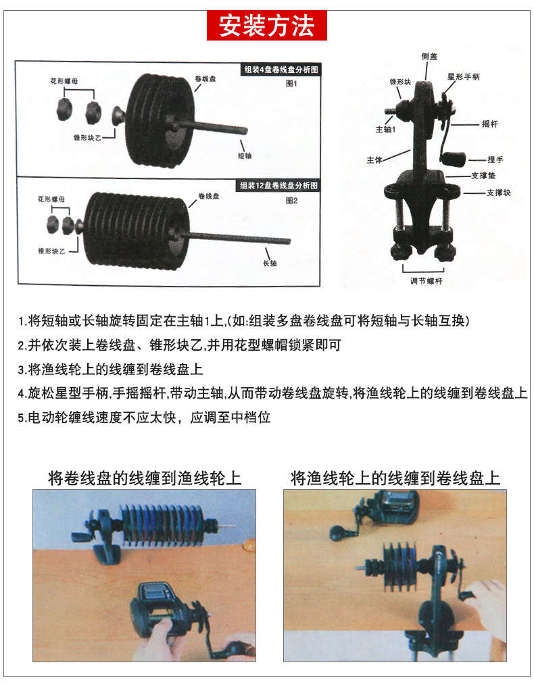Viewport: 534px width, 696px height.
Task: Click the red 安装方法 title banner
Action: coord(266,26)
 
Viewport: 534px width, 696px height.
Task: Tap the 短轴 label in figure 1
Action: coord(245,155)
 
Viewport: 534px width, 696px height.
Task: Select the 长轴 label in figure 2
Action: coord(269,263)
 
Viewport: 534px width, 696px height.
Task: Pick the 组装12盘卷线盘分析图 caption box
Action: coord(279,185)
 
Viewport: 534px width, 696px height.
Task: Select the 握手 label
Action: coord(495,159)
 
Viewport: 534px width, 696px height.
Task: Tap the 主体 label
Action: coord(374,160)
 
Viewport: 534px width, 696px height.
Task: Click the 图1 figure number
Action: coord(292,84)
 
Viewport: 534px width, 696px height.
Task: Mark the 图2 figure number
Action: coord(292,201)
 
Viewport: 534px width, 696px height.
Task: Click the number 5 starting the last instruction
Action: coord(21,418)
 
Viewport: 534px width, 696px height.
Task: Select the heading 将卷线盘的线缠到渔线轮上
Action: coord(145,478)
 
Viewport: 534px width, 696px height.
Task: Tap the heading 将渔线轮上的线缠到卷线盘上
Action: coord(395,478)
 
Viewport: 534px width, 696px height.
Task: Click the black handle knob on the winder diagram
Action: coord(451,158)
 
